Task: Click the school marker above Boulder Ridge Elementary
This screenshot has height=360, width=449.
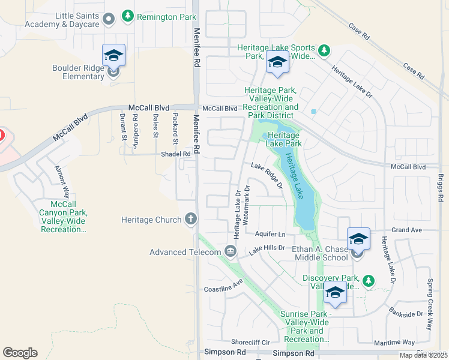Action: coord(113,56)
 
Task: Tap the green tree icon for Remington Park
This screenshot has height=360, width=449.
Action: coord(127,17)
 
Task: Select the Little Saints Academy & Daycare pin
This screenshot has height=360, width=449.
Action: coord(108,19)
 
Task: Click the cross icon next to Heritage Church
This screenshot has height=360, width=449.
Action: coord(191,220)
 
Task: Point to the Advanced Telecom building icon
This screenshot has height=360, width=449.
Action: coord(230,251)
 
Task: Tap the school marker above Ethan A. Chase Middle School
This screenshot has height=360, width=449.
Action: coord(358,239)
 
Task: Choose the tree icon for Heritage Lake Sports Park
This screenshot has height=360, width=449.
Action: coord(324,49)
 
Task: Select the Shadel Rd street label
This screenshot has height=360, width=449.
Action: coord(175,154)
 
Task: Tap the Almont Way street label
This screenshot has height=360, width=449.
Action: coord(62,182)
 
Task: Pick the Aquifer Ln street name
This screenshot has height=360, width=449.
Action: coord(270,233)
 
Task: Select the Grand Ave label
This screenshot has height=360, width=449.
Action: coord(406,230)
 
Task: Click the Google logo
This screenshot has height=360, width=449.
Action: coord(20,353)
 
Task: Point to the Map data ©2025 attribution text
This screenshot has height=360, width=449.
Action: coord(423,355)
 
